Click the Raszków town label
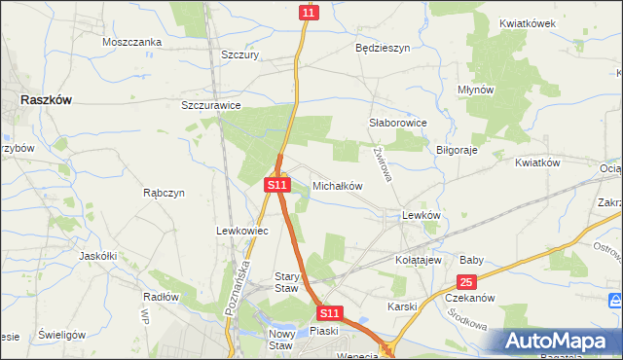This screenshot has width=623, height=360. (50, 99)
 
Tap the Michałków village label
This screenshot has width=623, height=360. (337, 185)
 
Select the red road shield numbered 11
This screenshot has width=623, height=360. (308, 12)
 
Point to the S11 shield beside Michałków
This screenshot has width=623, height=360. (277, 184)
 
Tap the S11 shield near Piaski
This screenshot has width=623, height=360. (330, 313)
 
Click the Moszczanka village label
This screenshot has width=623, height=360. (131, 42)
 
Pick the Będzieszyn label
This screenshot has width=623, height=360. (383, 47)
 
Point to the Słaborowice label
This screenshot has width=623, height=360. (398, 124)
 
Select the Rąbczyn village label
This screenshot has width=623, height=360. (164, 193)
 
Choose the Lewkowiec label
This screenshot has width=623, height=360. (235, 231)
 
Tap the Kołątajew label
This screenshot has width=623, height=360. (420, 261)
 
